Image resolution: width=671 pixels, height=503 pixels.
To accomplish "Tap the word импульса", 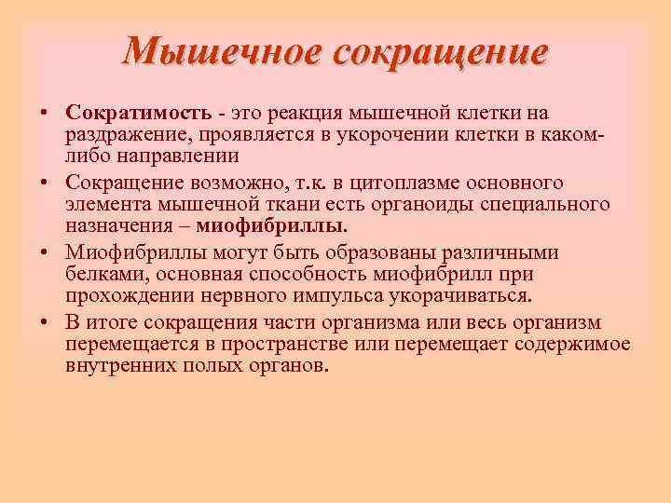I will click(x=357, y=294).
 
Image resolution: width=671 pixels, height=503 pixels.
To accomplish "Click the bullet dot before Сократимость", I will click(x=44, y=114).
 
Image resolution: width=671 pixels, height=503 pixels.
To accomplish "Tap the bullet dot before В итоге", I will click(x=44, y=323).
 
